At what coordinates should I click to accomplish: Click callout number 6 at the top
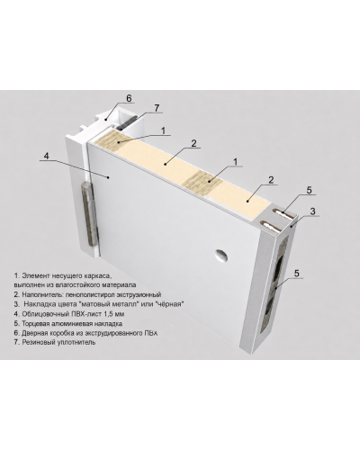129,98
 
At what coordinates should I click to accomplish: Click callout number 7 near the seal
157,108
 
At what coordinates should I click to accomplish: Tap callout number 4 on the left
46,156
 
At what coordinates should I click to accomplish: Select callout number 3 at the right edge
312,211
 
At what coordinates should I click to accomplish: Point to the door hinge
88,213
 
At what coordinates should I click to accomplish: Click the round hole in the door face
221,256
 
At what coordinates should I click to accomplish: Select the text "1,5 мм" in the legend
114,314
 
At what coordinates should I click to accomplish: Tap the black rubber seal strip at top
128,122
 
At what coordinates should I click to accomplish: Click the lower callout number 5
297,273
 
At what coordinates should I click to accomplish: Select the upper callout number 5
310,190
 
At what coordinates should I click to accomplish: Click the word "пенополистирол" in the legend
92,294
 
